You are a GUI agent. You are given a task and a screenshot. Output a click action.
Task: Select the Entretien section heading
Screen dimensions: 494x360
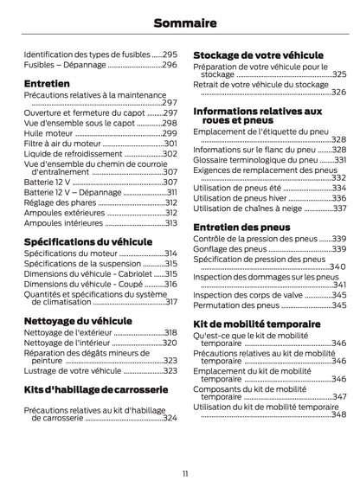coord(48,84)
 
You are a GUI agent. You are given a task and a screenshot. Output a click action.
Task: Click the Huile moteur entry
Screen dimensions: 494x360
coord(48,133)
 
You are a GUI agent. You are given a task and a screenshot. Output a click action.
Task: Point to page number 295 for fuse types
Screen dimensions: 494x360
coord(170,53)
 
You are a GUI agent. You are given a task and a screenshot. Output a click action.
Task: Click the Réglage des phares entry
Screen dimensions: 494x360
coord(60,202)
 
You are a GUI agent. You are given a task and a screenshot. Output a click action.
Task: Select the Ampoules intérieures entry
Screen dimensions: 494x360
coord(63,222)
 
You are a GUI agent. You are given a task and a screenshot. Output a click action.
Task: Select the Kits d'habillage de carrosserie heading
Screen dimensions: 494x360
coord(98,389)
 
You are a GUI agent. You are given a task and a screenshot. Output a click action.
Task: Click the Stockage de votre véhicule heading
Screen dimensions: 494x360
coord(257,54)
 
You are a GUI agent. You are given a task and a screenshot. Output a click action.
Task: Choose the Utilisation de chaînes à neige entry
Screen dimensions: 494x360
coord(248,208)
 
